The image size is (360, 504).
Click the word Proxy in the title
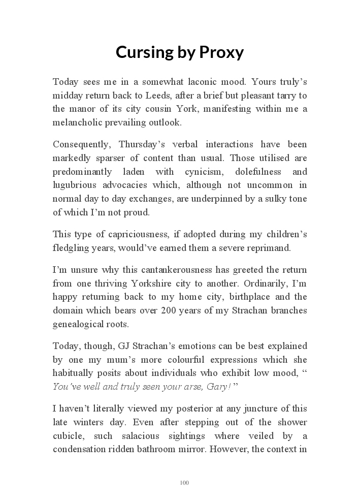(220, 52)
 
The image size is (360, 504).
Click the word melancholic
(78, 122)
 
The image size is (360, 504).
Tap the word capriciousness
(135, 234)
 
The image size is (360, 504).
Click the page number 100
(184, 483)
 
